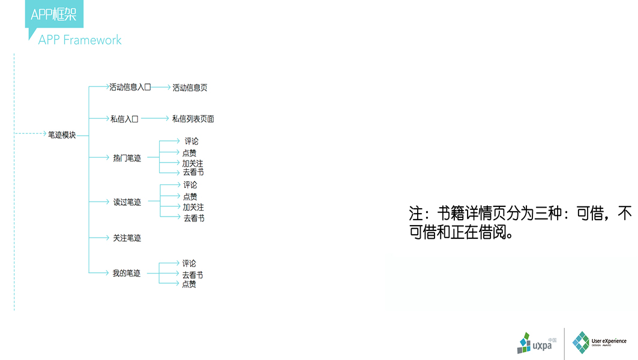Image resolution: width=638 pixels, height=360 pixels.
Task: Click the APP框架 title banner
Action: (x=54, y=14)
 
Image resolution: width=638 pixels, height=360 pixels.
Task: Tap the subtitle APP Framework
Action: (x=80, y=40)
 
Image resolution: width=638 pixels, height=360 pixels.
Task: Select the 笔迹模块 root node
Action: (x=62, y=135)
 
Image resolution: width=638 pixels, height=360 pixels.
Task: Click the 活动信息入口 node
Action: (x=130, y=87)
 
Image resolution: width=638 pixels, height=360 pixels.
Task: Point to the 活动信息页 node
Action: (x=190, y=88)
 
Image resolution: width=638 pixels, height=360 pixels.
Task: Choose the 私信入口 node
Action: (x=124, y=119)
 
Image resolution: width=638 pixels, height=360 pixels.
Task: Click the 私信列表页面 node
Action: (x=193, y=119)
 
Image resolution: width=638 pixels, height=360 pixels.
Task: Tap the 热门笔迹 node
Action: (x=127, y=158)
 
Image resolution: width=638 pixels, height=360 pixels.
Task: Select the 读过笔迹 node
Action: (x=127, y=202)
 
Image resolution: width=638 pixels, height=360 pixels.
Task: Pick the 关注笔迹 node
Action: (x=127, y=238)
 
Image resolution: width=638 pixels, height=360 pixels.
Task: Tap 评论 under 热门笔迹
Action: (x=191, y=142)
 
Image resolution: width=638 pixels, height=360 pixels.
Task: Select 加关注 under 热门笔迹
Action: (x=193, y=163)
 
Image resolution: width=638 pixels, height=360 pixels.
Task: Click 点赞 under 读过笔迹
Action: (x=190, y=196)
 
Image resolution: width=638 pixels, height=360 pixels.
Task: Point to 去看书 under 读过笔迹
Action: (x=194, y=218)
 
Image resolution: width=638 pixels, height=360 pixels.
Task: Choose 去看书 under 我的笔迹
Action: (x=193, y=275)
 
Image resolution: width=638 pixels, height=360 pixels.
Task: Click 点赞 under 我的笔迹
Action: (x=189, y=284)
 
